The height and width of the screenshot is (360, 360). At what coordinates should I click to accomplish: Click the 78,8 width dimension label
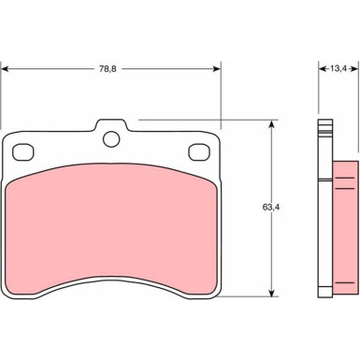[x=108, y=69]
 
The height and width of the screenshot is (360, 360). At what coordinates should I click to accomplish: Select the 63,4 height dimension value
[x=270, y=208]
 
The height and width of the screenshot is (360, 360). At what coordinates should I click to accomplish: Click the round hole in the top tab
[x=111, y=139]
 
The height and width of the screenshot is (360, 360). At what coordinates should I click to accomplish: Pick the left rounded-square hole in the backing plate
[x=23, y=152]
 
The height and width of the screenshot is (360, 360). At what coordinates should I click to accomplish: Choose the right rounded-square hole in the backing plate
[x=199, y=152]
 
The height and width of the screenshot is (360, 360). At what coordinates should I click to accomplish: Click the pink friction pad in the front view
[x=111, y=230]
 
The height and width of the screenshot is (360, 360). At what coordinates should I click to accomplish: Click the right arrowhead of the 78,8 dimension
[x=217, y=69]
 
